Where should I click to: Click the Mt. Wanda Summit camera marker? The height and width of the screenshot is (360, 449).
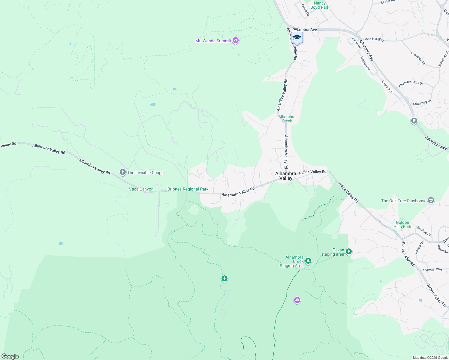236,40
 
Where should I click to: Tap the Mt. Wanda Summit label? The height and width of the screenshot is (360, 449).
213,41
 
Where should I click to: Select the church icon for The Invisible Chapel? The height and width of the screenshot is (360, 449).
122,172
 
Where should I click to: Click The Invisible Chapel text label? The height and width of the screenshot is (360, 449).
146,172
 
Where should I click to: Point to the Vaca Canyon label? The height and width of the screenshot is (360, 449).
141,189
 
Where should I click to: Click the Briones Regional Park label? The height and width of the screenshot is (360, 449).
188,189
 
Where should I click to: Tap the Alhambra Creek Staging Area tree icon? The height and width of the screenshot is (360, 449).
308,261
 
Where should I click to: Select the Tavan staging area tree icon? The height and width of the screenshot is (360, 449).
348,251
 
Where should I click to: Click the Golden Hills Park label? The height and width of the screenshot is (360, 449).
402,224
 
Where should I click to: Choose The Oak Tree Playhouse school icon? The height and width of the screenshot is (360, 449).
431,200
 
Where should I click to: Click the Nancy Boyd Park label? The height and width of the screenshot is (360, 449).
320,5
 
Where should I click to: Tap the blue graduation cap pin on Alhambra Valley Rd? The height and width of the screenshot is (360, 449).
297,38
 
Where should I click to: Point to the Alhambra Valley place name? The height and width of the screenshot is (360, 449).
286,176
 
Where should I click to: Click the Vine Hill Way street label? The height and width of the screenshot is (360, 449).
374,39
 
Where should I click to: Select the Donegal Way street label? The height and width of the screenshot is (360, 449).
432,269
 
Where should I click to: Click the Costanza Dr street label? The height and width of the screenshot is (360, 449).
418,58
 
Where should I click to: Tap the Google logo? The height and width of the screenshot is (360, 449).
10,356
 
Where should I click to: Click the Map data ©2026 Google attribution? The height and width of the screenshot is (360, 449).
430,358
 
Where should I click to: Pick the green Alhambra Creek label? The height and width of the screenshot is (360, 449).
287,119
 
